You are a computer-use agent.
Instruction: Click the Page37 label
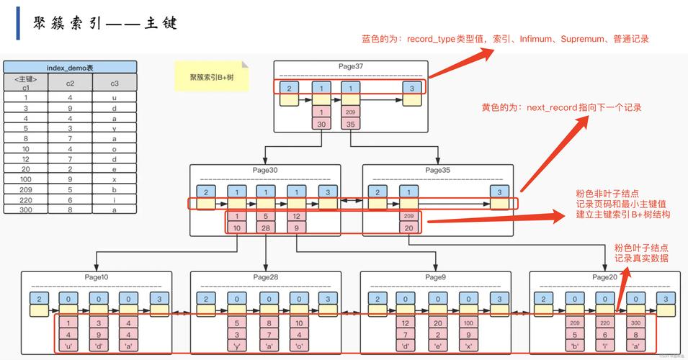(x=351, y=66)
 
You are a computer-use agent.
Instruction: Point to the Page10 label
(x=95, y=277)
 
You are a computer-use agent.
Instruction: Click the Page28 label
(x=266, y=277)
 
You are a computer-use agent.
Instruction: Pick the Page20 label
(x=604, y=277)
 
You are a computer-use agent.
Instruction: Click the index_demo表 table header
(x=70, y=67)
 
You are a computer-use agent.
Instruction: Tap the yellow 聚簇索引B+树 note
(x=211, y=76)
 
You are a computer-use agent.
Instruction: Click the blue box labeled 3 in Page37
(x=411, y=89)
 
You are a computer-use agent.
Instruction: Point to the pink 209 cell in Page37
(x=351, y=112)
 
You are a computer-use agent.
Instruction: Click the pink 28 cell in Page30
(x=266, y=228)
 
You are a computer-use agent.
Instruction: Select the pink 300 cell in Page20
(x=635, y=323)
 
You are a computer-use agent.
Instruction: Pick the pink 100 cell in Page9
(x=468, y=323)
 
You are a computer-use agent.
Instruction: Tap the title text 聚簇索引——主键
(x=105, y=24)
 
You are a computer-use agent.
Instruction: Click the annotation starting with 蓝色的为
(x=504, y=39)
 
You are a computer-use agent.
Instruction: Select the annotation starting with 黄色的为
(x=561, y=107)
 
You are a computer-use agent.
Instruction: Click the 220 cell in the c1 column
(x=26, y=199)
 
